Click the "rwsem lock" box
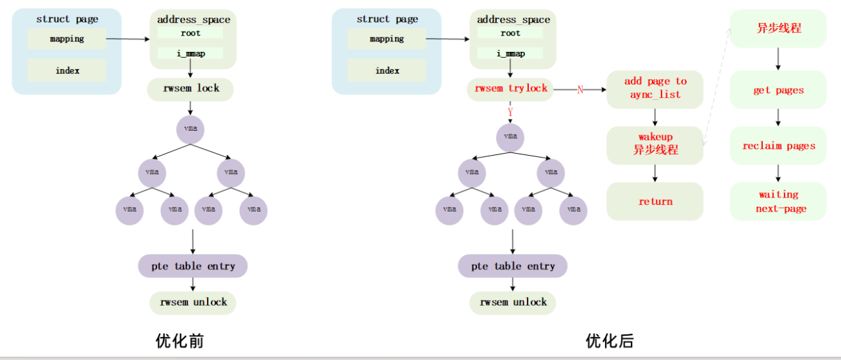(x=191, y=89)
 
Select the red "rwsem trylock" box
(x=511, y=89)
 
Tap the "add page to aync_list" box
(x=654, y=89)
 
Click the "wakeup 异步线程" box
(x=654, y=144)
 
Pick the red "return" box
(x=654, y=202)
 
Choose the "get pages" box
(x=778, y=90)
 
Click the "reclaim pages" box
(x=778, y=146)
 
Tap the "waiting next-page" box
(x=778, y=202)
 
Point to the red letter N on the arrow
(x=580, y=89)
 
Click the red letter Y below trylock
(x=510, y=112)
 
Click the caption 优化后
(x=610, y=341)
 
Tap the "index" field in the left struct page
(x=67, y=70)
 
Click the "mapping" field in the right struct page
(x=386, y=39)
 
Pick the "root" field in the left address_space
(x=191, y=33)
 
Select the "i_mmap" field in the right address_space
(x=511, y=53)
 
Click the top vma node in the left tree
(x=190, y=129)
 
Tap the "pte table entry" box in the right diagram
(x=512, y=266)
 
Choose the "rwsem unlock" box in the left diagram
(x=193, y=302)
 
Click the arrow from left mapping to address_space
(x=127, y=39)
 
